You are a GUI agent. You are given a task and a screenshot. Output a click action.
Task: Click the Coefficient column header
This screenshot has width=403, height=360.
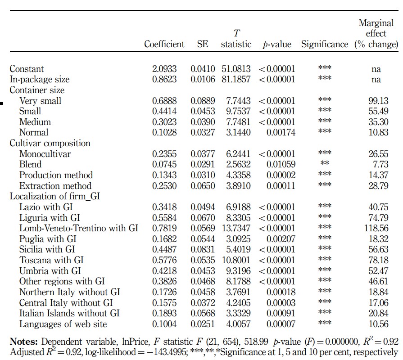(164, 44)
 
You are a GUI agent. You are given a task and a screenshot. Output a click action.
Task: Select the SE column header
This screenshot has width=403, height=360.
(203, 44)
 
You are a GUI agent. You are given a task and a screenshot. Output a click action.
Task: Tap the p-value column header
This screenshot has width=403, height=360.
(277, 45)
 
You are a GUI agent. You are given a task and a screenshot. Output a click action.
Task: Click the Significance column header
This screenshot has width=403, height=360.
(325, 45)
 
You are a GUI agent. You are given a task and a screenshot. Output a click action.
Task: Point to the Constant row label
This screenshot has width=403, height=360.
(27, 69)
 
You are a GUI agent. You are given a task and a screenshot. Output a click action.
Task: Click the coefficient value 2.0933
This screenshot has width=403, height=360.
(164, 69)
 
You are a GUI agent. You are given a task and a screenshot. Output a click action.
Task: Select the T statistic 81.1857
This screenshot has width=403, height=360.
(236, 79)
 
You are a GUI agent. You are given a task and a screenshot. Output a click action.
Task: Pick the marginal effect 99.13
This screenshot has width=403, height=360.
(378, 101)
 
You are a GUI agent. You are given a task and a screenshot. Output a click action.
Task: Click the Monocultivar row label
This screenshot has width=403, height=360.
(45, 154)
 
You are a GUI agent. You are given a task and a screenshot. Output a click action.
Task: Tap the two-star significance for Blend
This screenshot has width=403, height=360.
(325, 163)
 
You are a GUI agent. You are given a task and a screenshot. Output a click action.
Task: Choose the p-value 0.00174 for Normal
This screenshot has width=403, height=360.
(281, 132)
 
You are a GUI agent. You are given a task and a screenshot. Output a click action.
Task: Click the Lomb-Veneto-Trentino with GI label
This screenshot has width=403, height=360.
(79, 228)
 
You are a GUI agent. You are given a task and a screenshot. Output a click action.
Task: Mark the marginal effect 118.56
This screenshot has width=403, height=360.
(376, 228)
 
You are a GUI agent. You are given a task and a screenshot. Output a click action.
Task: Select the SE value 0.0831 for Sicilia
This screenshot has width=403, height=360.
(203, 249)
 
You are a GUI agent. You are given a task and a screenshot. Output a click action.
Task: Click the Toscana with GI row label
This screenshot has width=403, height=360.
(51, 260)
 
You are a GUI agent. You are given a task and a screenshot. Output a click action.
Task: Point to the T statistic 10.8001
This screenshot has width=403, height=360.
(236, 260)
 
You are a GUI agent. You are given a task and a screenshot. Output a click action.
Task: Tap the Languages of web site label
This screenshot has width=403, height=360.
(63, 324)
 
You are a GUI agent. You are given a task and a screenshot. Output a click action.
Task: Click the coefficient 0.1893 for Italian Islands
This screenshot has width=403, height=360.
(164, 313)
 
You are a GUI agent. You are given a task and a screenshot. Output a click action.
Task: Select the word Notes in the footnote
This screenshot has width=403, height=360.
(24, 342)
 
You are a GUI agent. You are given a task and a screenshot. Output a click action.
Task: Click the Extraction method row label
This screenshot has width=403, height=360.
(55, 186)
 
